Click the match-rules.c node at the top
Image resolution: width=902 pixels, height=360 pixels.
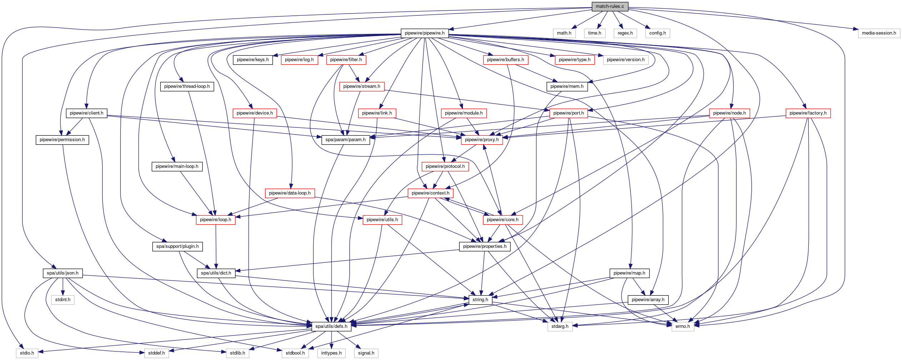point(610,6)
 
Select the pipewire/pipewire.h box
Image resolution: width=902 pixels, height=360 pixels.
point(424,33)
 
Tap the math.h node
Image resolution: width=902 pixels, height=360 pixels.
point(564,33)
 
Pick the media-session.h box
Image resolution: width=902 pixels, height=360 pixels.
point(879,33)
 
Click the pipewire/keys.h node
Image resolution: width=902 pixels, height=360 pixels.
point(253,60)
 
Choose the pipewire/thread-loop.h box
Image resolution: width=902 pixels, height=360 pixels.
point(187,86)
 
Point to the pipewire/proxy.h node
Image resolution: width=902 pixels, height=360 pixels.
point(482,140)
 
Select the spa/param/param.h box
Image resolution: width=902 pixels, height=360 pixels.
point(345,140)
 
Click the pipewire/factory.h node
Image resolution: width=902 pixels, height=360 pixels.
point(808,113)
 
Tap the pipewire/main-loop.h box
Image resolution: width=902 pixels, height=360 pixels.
point(177,166)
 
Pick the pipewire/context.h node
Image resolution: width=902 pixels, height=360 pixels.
point(430,193)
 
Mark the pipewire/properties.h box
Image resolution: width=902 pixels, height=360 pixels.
point(484,246)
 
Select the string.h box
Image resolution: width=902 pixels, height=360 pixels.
point(480,300)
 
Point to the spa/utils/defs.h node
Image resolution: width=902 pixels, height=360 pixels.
point(331,326)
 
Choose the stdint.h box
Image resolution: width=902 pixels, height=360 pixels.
point(63,300)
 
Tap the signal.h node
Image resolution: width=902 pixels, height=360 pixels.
point(366,353)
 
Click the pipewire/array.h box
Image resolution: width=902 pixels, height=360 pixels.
point(648,300)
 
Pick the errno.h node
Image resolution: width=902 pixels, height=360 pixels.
point(683,326)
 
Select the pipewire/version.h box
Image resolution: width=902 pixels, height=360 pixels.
point(626,60)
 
